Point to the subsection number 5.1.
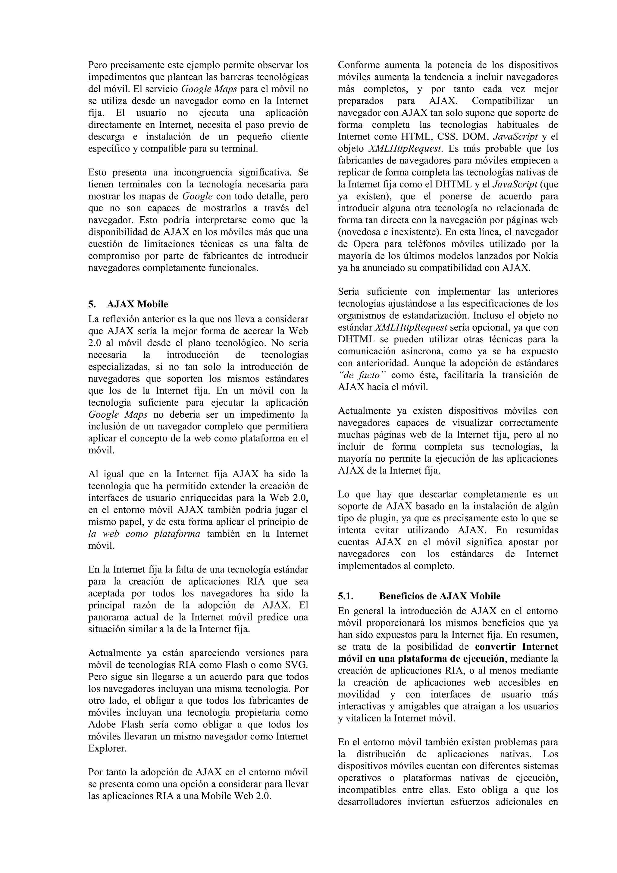pos(346,596)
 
